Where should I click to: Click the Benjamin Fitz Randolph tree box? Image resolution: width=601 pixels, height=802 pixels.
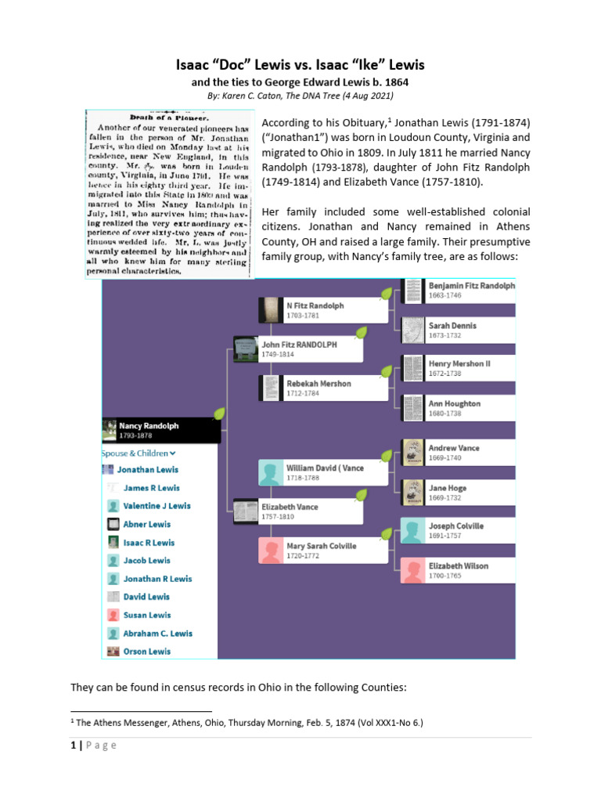tap(459, 291)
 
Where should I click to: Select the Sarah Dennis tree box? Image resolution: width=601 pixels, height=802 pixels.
tap(459, 330)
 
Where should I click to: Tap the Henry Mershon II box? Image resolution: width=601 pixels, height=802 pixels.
tap(459, 369)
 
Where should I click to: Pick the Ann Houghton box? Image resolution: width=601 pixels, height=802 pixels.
tap(459, 408)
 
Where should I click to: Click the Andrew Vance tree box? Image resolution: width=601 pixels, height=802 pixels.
tap(459, 453)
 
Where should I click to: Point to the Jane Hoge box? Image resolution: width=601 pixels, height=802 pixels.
tap(459, 492)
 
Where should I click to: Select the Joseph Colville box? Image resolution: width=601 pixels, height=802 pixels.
tap(459, 531)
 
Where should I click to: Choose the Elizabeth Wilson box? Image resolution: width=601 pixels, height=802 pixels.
tap(459, 570)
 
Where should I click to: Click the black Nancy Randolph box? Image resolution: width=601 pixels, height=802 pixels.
tap(161, 430)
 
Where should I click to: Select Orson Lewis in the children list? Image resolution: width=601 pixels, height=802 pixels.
tap(146, 651)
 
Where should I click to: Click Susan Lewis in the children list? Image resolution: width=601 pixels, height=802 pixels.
tap(146, 615)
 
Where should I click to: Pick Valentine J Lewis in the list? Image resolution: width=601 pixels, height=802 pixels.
tap(157, 506)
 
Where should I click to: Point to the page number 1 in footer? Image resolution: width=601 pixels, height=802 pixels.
tap(74, 745)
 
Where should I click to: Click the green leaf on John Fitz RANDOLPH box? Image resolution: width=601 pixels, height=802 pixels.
tap(360, 333)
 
